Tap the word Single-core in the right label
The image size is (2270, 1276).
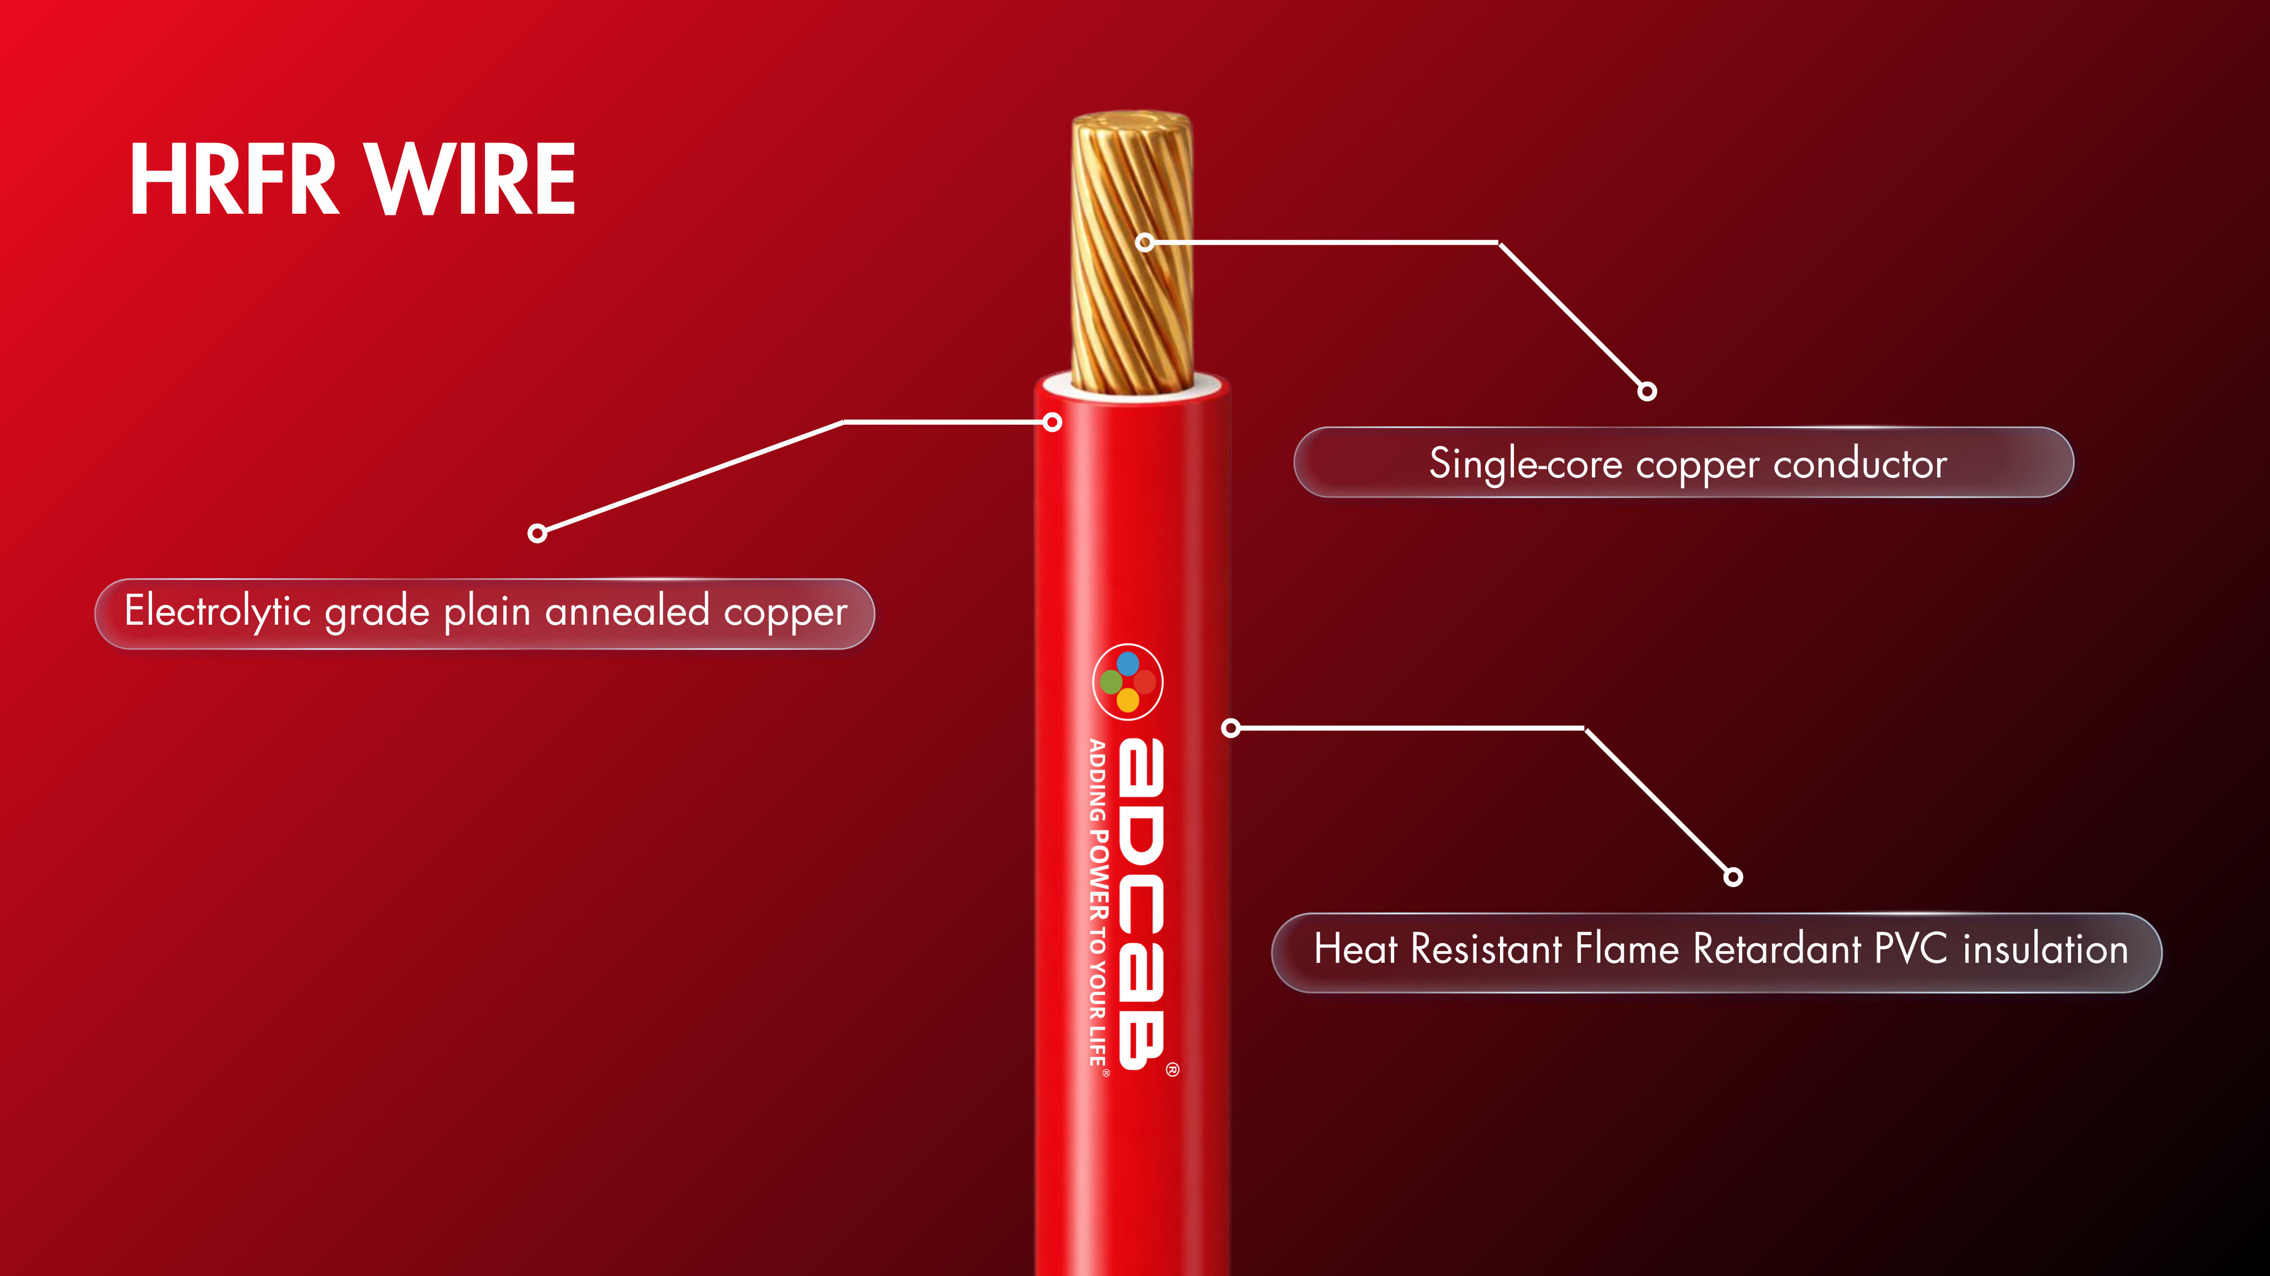[x=1524, y=464]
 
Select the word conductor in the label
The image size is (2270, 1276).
[x=1859, y=464]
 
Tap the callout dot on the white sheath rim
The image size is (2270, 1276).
[x=1052, y=422]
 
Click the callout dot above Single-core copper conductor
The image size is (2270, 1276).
[x=1647, y=391]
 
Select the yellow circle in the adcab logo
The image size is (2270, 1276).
[x=1128, y=701]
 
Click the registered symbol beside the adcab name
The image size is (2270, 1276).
[x=1172, y=1070]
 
